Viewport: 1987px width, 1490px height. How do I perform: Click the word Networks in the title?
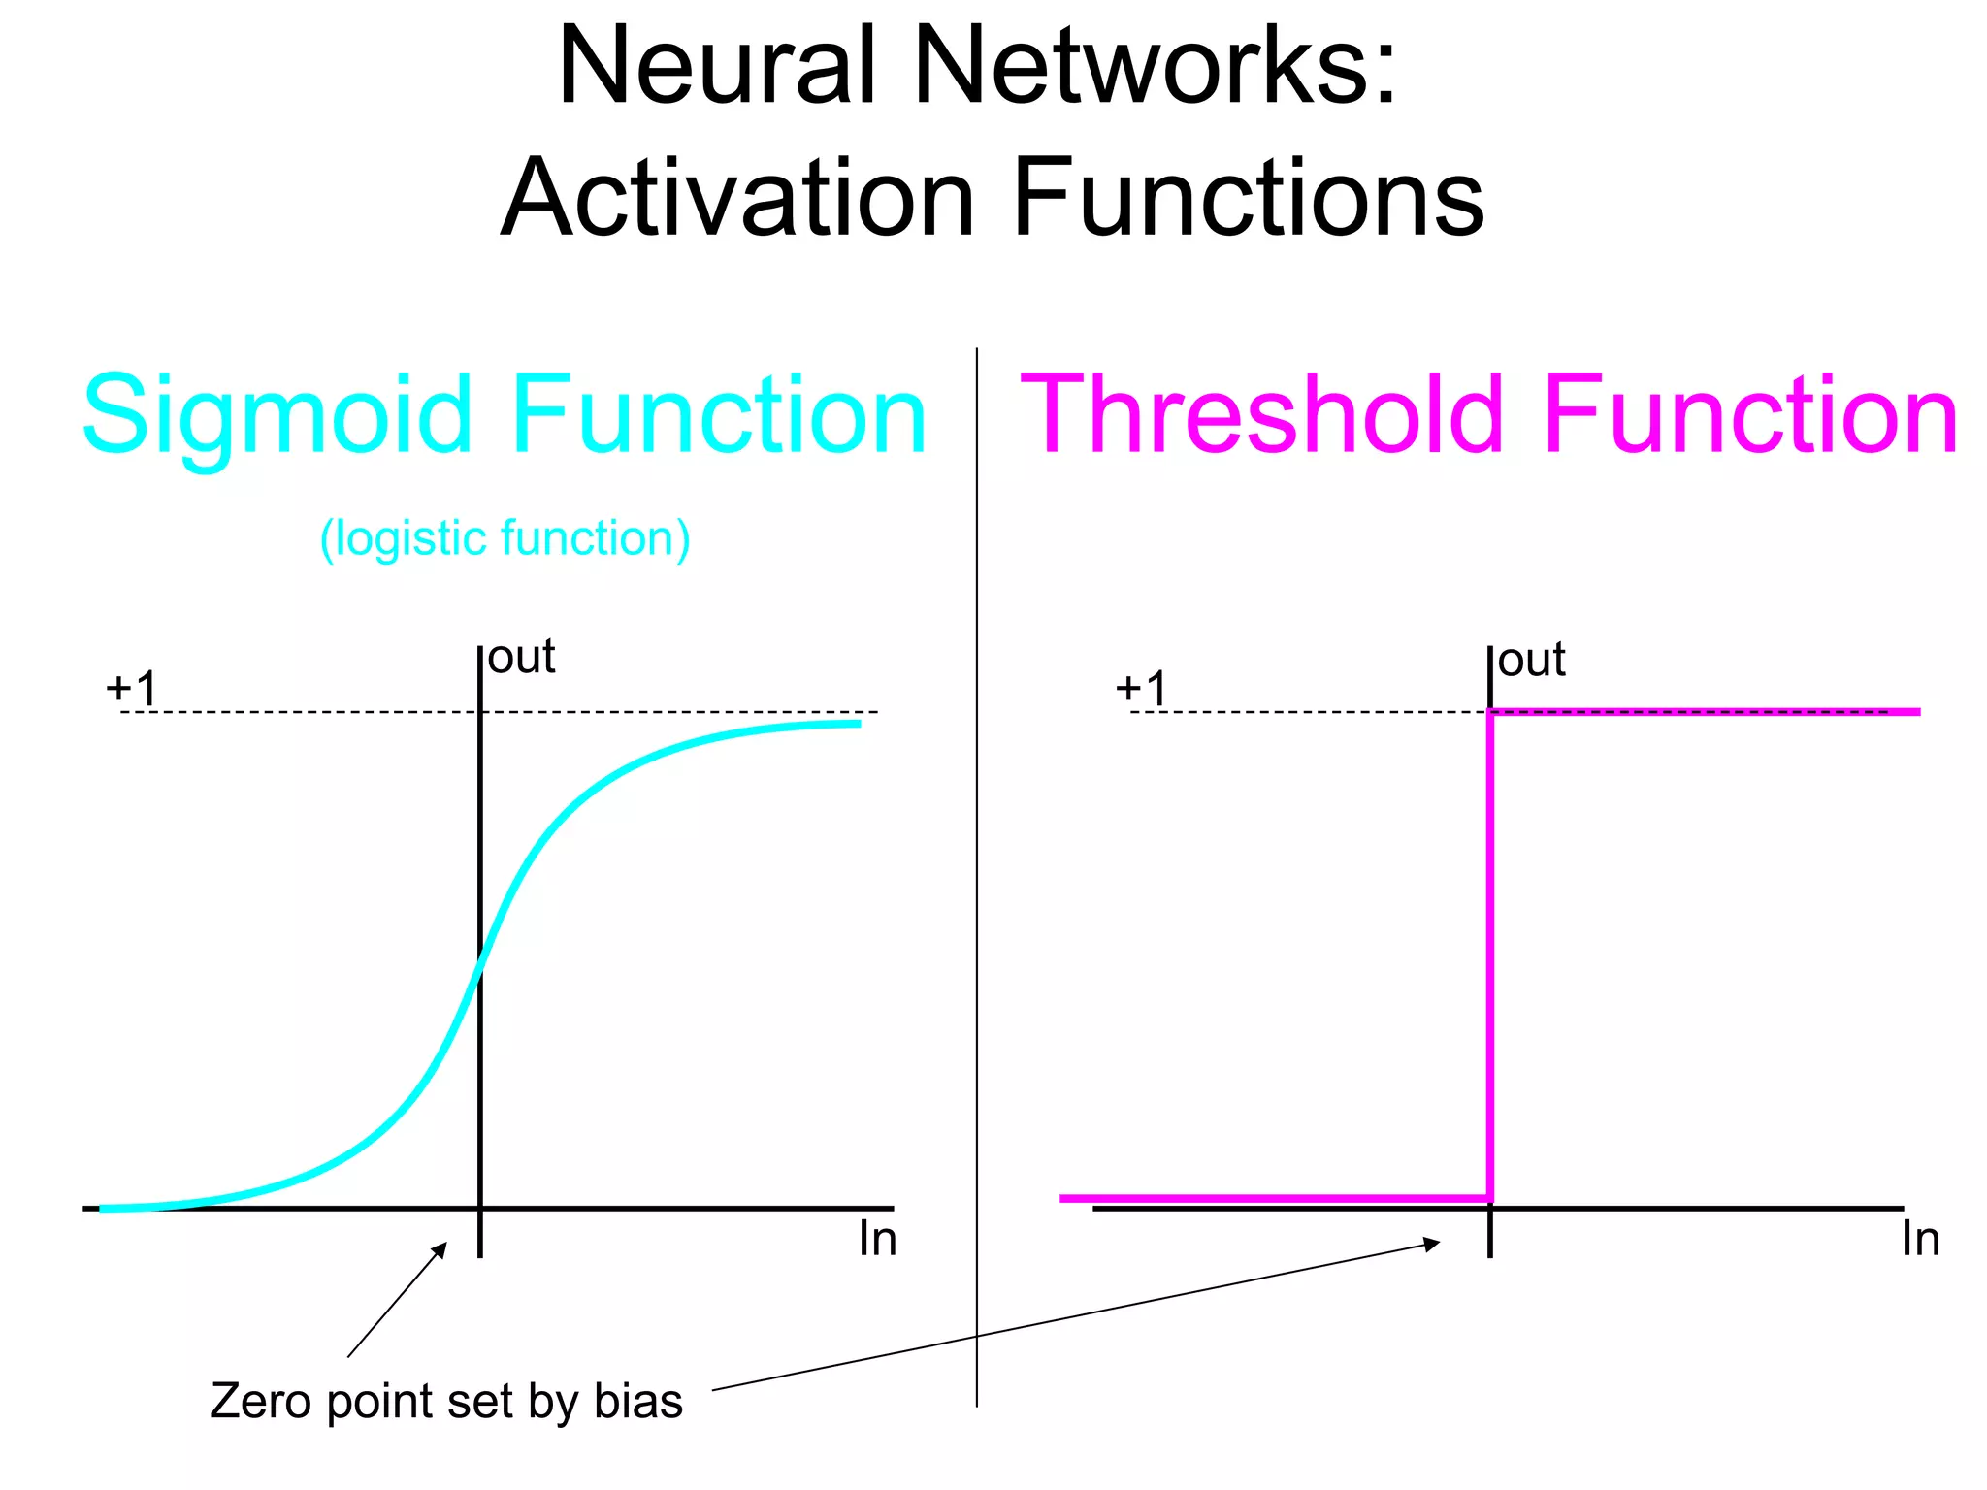1155,66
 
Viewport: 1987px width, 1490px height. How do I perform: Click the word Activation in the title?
737,199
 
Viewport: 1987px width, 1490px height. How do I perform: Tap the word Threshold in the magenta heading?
1261,415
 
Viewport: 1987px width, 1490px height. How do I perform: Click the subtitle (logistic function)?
505,538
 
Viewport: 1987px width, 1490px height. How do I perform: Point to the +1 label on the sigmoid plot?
131,689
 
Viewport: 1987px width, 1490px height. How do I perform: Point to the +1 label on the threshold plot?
1141,689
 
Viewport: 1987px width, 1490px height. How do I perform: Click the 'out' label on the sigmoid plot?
521,658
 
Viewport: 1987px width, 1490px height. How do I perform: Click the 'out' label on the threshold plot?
1531,661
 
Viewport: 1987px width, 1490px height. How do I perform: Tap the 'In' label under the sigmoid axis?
877,1240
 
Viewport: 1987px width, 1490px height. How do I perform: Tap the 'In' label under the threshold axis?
1920,1240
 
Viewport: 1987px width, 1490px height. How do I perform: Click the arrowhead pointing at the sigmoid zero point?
441,1248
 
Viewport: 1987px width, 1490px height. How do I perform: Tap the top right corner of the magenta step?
1490,713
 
